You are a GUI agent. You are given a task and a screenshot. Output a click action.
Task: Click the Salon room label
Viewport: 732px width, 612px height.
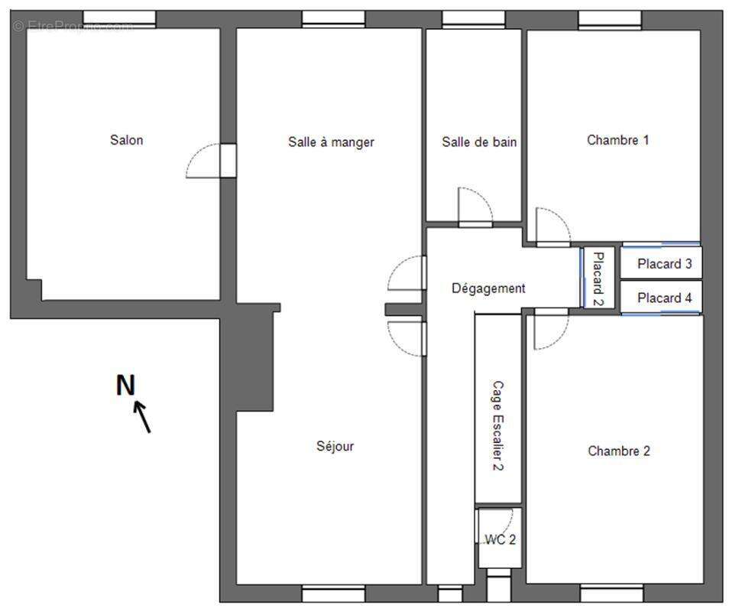[127, 140]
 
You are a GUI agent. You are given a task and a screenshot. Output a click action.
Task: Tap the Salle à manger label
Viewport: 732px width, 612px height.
[331, 142]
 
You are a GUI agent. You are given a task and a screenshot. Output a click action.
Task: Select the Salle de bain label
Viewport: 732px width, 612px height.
[479, 142]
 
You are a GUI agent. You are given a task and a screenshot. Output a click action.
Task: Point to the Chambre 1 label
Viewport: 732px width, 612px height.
[617, 140]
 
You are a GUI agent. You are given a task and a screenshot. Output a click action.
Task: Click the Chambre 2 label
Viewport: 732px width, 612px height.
[619, 451]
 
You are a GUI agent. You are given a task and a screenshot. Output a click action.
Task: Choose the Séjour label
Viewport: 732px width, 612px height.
[335, 446]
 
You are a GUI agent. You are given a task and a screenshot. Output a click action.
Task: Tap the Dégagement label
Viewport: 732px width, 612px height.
[488, 288]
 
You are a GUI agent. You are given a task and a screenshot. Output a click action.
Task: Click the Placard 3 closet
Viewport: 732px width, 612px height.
[661, 263]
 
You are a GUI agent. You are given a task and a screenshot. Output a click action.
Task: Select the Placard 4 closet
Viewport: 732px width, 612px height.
[661, 297]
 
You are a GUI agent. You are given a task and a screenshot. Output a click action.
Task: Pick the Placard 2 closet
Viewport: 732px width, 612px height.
[598, 278]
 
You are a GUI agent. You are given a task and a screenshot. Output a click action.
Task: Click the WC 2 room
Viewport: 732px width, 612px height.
[500, 538]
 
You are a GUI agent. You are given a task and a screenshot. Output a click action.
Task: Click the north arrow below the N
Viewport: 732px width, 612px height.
[142, 417]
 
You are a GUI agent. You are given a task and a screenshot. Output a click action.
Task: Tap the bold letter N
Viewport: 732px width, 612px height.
[125, 386]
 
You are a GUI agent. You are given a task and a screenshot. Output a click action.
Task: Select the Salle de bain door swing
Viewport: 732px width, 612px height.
[475, 207]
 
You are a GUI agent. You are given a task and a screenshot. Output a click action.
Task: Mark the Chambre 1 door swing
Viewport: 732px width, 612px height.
[553, 227]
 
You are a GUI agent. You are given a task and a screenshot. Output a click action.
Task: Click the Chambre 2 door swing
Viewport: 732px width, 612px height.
[552, 329]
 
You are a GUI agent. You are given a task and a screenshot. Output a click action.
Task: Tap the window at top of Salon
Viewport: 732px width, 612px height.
[119, 18]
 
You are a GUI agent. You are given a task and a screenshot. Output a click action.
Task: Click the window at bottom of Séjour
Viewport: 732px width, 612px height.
[334, 594]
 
